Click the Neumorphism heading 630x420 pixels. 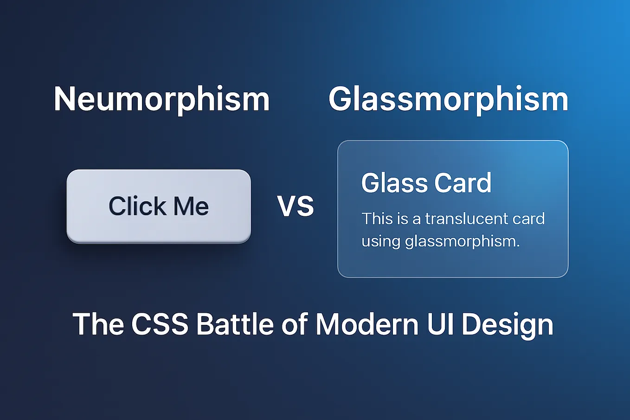pos(161,99)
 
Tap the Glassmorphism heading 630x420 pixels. pos(448,99)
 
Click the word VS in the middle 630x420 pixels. pos(296,206)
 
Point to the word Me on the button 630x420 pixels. pos(191,206)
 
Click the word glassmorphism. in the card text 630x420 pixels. pos(462,241)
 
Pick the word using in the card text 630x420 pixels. pos(380,241)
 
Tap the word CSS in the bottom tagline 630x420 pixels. pos(160,324)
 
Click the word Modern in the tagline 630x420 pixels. pos(367,324)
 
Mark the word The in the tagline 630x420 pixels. pos(98,324)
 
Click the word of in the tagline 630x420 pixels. pos(295,324)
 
